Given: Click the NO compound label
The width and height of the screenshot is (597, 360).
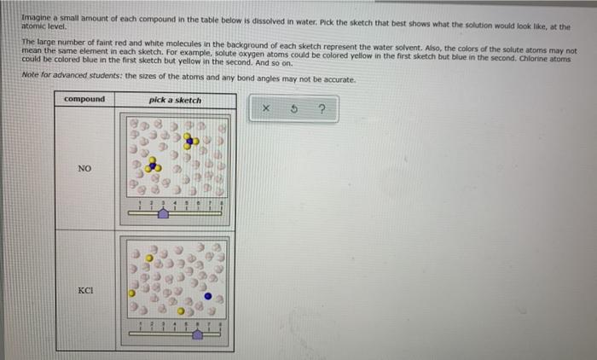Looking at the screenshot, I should tap(84, 169).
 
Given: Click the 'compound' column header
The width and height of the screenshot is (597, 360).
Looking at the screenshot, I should tap(84, 100).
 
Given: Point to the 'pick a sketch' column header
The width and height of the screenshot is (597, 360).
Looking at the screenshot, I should tap(176, 100).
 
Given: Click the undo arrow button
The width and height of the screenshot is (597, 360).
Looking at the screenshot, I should tap(294, 109).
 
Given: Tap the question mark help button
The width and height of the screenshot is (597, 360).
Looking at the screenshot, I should tap(322, 109).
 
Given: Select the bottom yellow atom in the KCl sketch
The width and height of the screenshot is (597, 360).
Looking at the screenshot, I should tap(180, 311).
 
